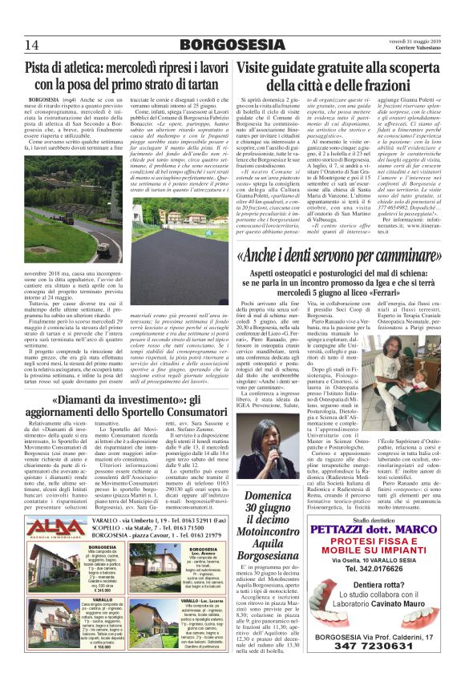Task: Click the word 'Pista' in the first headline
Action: click(41, 67)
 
